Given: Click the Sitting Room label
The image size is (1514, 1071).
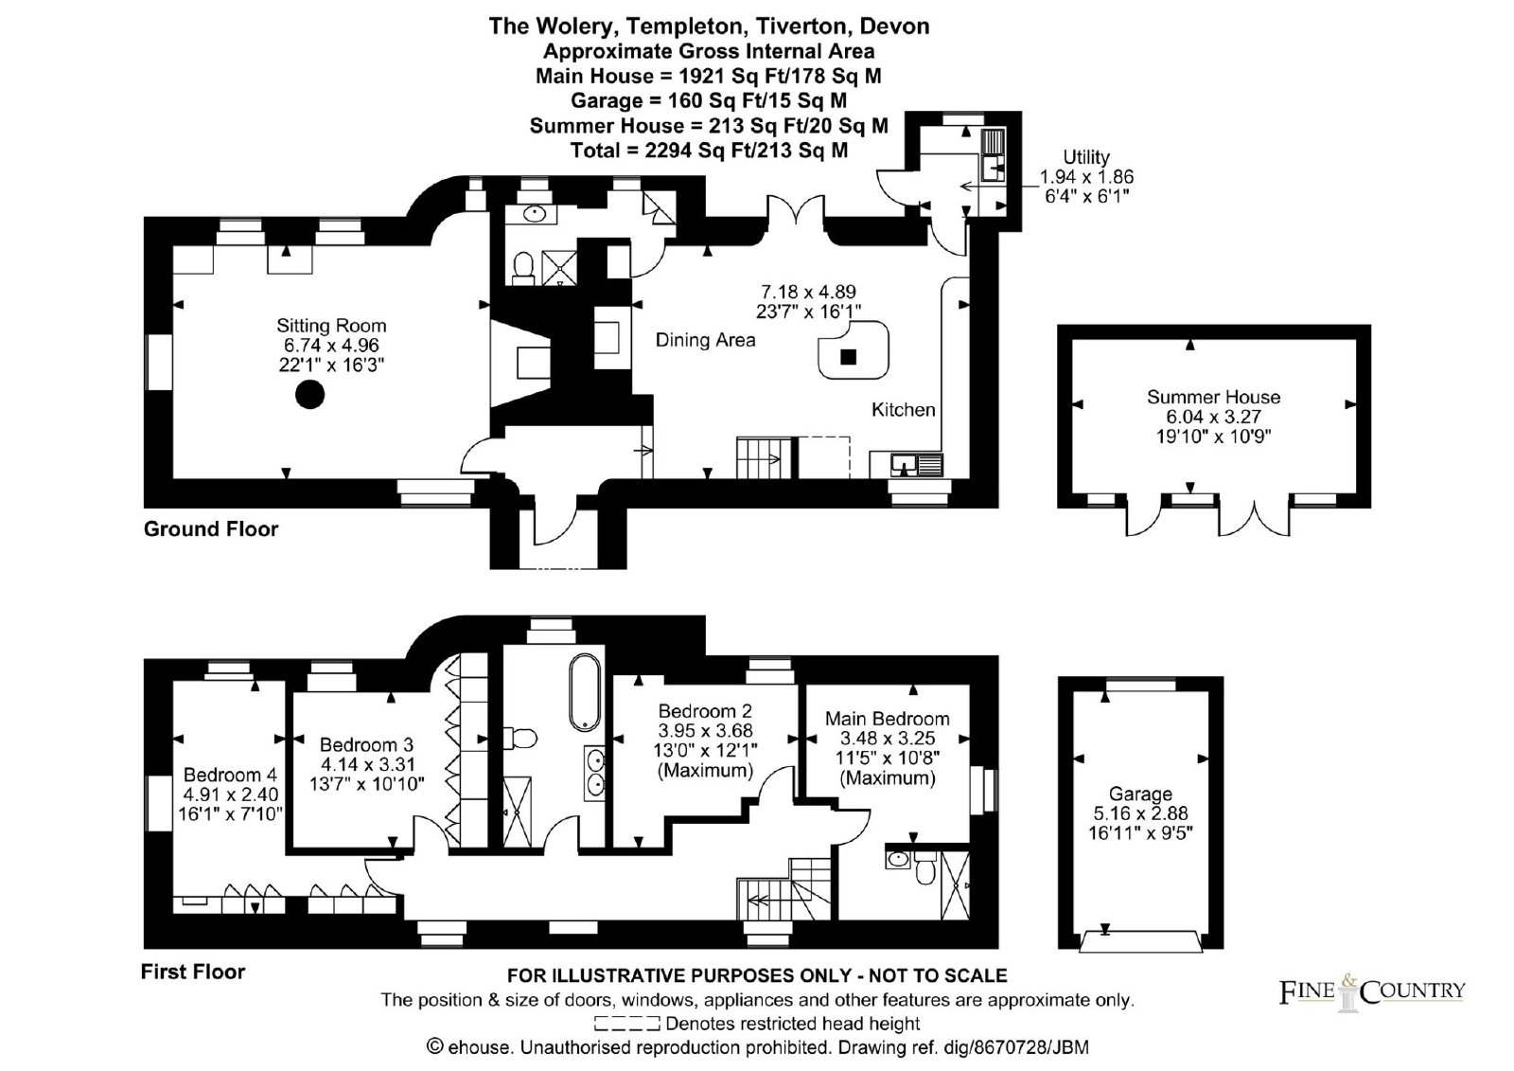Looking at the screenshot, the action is pyautogui.click(x=331, y=326).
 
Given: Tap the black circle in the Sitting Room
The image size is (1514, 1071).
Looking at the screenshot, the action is pyautogui.click(x=309, y=395).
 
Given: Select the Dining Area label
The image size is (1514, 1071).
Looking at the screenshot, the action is pyautogui.click(x=706, y=340).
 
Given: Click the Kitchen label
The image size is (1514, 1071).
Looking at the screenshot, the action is pyautogui.click(x=903, y=409).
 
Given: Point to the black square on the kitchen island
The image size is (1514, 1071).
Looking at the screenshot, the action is pyautogui.click(x=848, y=357).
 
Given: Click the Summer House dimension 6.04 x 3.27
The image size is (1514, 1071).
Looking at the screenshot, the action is pyautogui.click(x=1213, y=416).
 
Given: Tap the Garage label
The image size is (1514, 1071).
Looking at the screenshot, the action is pyautogui.click(x=1140, y=794).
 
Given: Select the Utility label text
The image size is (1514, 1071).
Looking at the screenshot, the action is pyautogui.click(x=1086, y=157).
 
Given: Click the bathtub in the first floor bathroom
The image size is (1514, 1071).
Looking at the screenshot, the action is pyautogui.click(x=585, y=691).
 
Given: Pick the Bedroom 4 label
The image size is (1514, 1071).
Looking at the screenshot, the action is pyautogui.click(x=231, y=775).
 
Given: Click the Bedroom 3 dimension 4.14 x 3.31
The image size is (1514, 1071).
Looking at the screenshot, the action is pyautogui.click(x=367, y=764).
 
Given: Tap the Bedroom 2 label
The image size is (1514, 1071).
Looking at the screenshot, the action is pyautogui.click(x=705, y=711).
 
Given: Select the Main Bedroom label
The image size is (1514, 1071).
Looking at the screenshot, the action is pyautogui.click(x=887, y=719).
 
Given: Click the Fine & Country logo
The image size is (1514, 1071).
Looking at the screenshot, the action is pyautogui.click(x=1372, y=991).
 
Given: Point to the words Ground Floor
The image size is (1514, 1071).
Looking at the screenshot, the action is pyautogui.click(x=211, y=528).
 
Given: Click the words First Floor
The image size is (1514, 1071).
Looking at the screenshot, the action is pyautogui.click(x=193, y=972).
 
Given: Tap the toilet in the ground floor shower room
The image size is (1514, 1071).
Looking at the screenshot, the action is pyautogui.click(x=522, y=269).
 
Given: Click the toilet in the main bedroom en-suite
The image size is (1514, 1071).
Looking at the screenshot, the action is pyautogui.click(x=924, y=868).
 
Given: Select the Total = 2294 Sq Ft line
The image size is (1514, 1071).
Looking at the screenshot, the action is pyautogui.click(x=709, y=151).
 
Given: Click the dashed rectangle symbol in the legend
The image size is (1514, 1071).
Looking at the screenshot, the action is pyautogui.click(x=627, y=1023).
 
